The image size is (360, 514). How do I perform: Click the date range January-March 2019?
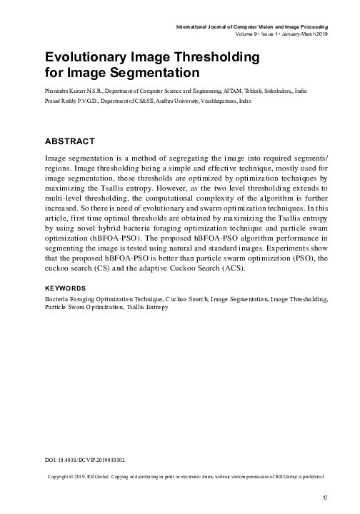click(305, 34)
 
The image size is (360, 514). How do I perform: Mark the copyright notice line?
click(186, 475)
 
